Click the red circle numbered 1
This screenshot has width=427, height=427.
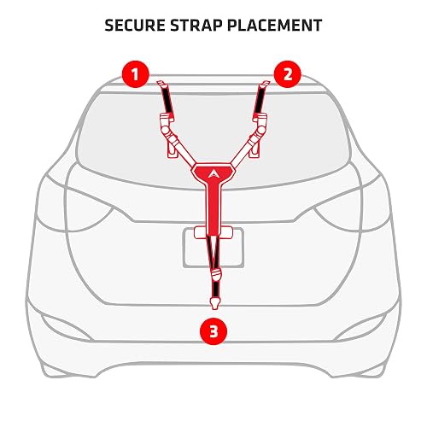[x=136, y=74]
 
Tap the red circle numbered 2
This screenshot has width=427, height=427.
[x=288, y=74]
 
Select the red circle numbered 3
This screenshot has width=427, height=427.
[x=213, y=331]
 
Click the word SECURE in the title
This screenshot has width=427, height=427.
[x=135, y=26]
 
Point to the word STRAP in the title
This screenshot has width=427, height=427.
[x=196, y=26]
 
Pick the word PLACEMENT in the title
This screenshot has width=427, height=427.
[x=274, y=26]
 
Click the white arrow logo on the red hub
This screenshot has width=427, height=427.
[x=213, y=173]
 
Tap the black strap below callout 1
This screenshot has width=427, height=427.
[x=167, y=98]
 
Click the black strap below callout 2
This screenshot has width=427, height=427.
[x=260, y=98]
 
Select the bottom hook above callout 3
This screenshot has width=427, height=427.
[x=213, y=303]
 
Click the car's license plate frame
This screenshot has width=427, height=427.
[x=213, y=248]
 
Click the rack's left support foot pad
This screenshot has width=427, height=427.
[x=173, y=149]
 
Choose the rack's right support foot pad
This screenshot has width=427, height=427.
[x=254, y=149]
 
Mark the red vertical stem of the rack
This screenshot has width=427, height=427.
[x=213, y=209]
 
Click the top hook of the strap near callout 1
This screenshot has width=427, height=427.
[x=161, y=84]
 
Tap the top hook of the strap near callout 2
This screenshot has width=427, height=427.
[x=265, y=84]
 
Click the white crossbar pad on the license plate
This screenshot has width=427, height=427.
[x=213, y=232]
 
